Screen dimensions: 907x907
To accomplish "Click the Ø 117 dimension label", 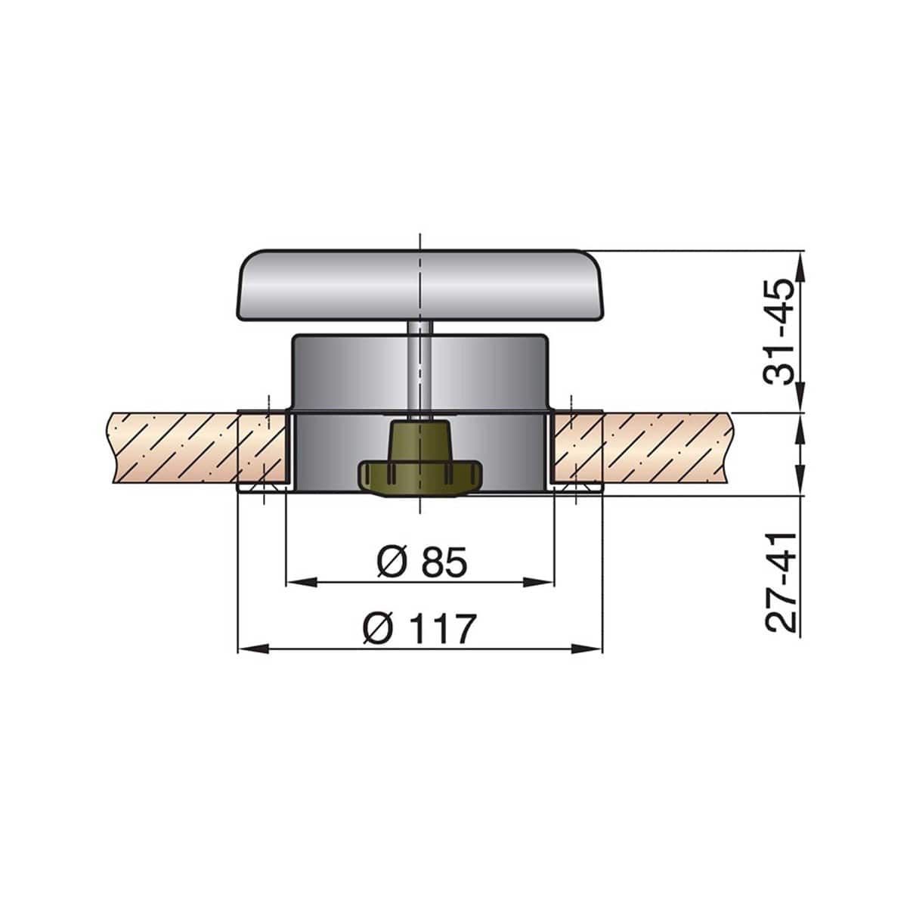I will (419, 629).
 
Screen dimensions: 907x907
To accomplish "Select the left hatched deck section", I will (181, 447).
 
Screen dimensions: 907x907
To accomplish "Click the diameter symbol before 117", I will (377, 629).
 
